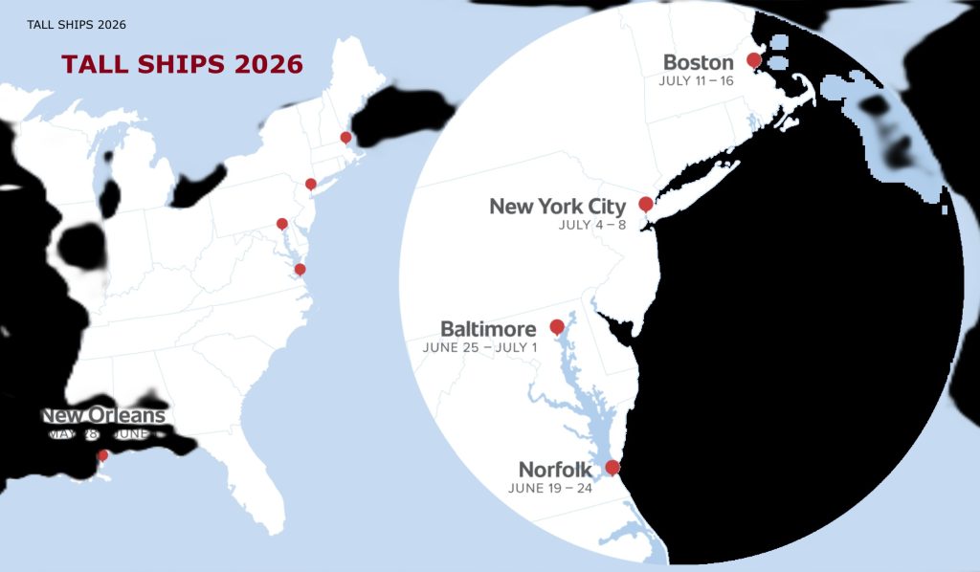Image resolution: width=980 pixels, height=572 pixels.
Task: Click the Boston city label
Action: point(698,63)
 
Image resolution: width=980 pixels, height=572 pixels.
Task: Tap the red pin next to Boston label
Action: point(753,60)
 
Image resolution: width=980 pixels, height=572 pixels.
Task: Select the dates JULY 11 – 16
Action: point(696,80)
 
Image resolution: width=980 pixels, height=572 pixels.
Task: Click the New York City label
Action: point(557,207)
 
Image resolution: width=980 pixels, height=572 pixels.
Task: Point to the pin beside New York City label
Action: point(646,204)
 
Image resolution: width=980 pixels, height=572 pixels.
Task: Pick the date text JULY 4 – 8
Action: point(591,226)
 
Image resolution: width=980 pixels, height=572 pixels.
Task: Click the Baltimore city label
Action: point(488,329)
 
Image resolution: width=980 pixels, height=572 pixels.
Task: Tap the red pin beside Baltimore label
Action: point(557,327)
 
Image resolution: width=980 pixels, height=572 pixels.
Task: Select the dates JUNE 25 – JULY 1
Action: point(479,347)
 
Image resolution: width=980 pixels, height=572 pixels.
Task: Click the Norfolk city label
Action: point(555,470)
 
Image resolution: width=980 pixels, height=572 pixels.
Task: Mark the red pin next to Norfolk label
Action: point(612,467)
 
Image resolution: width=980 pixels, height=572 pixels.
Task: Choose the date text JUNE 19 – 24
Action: point(550,488)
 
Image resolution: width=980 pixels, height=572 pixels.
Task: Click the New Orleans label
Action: point(103,416)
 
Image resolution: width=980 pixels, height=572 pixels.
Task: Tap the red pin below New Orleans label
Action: point(102,455)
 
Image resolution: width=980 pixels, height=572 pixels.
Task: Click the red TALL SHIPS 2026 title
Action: point(182,65)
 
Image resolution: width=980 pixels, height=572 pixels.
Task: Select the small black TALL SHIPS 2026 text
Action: point(77,24)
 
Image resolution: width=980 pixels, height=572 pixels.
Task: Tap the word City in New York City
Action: point(605,207)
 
